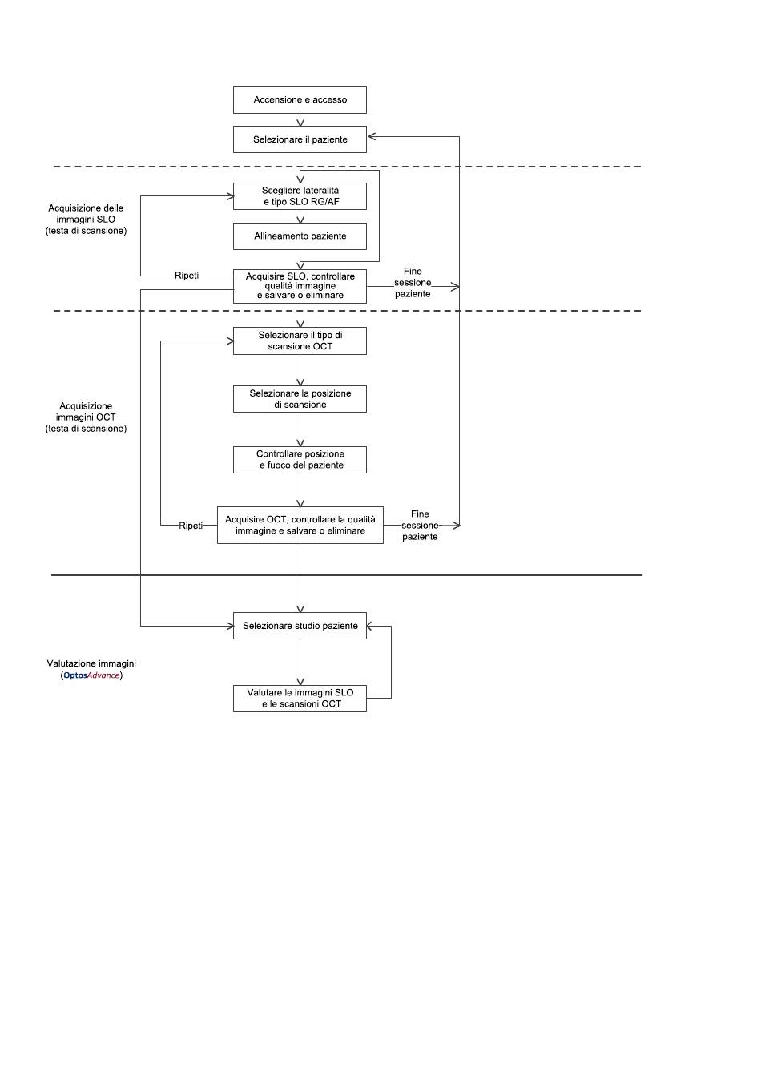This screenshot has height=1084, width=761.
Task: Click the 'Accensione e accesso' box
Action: tap(300, 99)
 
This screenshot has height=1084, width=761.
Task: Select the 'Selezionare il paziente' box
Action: tap(300, 139)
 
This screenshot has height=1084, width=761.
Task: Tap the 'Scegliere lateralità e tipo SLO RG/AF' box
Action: tap(300, 196)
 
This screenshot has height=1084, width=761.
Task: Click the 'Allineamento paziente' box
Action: tap(300, 236)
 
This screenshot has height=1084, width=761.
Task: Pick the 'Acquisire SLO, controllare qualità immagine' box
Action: tap(300, 286)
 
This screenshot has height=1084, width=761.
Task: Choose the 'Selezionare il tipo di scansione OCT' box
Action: tap(300, 341)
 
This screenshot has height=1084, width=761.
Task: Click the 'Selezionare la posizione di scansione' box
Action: tap(300, 399)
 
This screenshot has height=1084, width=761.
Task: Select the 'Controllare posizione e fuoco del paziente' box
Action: tap(300, 460)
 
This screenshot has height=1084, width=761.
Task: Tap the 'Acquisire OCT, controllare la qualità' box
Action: tap(300, 525)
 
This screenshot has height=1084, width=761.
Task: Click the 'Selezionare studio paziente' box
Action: tap(300, 626)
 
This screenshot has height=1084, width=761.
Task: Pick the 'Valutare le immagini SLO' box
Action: tap(300, 699)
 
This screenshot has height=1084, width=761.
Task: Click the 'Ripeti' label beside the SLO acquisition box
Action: tap(187, 276)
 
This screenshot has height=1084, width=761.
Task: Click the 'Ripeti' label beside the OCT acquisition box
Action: tap(191, 526)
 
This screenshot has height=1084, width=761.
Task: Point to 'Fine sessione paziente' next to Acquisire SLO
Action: tap(413, 283)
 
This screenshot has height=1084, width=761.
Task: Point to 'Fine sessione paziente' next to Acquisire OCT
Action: tap(420, 525)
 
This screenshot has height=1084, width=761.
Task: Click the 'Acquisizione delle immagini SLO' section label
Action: tap(87, 220)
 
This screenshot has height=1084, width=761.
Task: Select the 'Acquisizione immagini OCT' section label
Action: tap(87, 417)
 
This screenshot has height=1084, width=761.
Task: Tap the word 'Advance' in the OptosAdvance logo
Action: tap(103, 675)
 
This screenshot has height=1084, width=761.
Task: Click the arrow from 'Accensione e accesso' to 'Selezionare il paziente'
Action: tap(300, 120)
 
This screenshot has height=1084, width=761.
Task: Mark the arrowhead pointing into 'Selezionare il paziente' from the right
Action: tap(372, 136)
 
